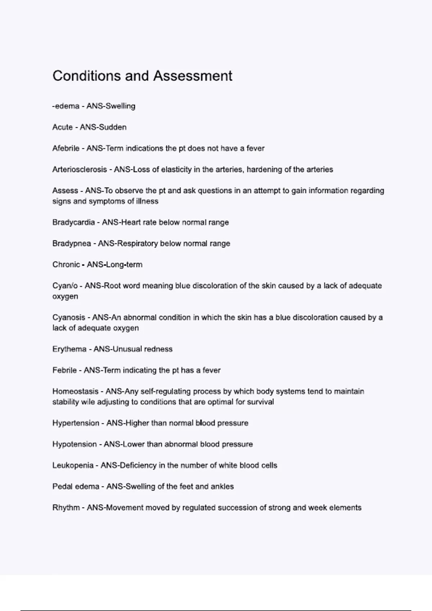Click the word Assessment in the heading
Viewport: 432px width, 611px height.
click(193, 76)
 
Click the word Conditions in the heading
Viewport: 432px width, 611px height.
click(86, 76)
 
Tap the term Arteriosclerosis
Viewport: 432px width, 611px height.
click(80, 169)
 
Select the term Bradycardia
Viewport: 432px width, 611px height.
click(73, 222)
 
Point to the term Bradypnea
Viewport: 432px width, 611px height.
click(72, 243)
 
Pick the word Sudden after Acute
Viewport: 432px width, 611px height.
click(112, 127)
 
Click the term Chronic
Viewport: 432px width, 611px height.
click(66, 265)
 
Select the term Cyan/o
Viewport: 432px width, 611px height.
click(65, 286)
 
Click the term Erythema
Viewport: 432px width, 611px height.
click(69, 349)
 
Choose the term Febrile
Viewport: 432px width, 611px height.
click(64, 370)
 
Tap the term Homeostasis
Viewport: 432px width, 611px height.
click(75, 391)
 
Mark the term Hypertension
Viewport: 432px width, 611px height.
click(76, 423)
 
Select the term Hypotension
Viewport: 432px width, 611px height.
click(75, 444)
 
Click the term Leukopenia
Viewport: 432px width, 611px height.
click(73, 465)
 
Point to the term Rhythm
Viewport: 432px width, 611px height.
click(66, 507)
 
